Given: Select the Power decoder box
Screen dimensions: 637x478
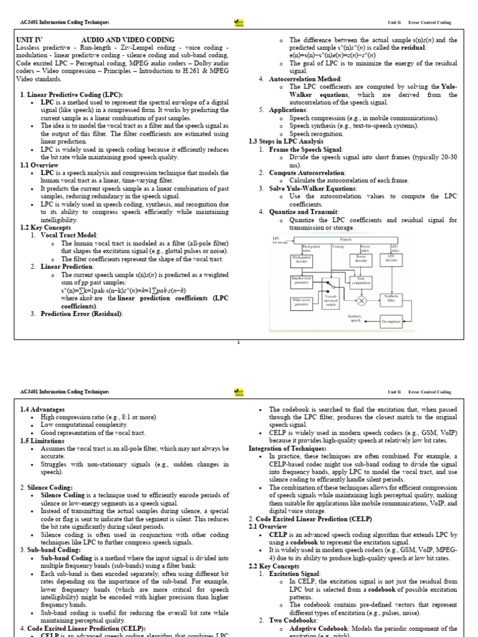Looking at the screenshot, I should [361, 259].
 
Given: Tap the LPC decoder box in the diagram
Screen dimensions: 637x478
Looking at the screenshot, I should [391, 259].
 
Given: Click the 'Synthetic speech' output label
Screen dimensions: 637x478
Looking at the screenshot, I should [354, 318].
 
